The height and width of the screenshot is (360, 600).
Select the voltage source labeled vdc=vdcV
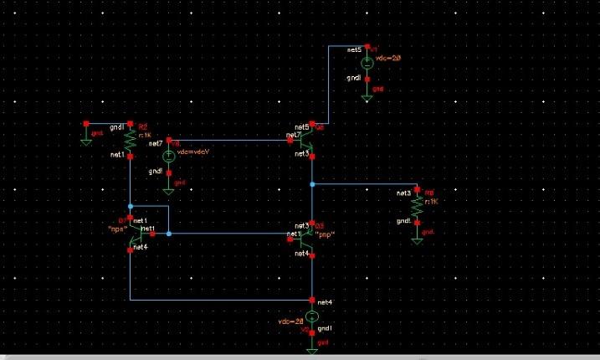168,156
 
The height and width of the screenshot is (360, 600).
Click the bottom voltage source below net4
311,317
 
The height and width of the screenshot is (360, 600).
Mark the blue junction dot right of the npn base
168,234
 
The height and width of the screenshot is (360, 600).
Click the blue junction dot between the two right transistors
311,184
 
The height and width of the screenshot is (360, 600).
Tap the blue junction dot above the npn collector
131,206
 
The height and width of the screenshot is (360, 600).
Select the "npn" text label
117,228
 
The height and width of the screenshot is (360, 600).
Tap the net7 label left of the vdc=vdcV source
156,143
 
